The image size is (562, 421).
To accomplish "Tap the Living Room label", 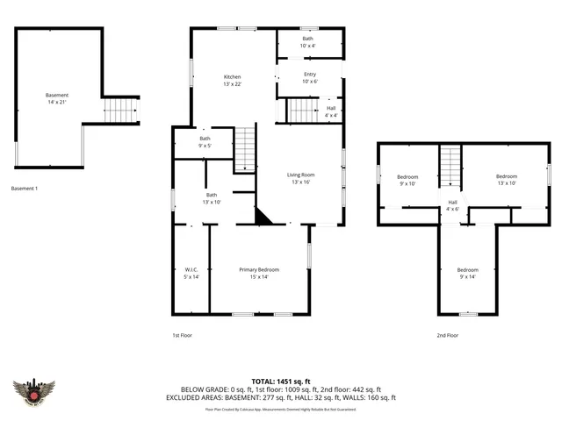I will click(x=300, y=178).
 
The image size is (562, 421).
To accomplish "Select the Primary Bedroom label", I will click(x=259, y=273).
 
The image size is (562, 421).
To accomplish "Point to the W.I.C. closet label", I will click(x=191, y=273).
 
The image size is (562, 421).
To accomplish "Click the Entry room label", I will click(x=309, y=78).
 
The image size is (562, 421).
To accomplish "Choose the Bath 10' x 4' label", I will click(x=308, y=42).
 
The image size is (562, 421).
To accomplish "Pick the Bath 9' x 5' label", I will click(x=205, y=142).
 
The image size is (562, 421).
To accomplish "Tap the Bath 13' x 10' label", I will click(x=212, y=198).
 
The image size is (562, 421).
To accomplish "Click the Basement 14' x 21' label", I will click(x=57, y=98).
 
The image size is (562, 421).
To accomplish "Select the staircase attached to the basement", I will click(x=122, y=111).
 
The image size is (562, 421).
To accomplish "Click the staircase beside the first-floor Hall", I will click(x=303, y=111).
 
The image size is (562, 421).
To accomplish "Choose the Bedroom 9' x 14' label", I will click(x=467, y=273).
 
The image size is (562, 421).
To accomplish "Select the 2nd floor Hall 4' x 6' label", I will click(x=451, y=205).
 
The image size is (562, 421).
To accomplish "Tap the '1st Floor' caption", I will click(x=182, y=335).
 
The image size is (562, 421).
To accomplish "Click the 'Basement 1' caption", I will click(x=24, y=189).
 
